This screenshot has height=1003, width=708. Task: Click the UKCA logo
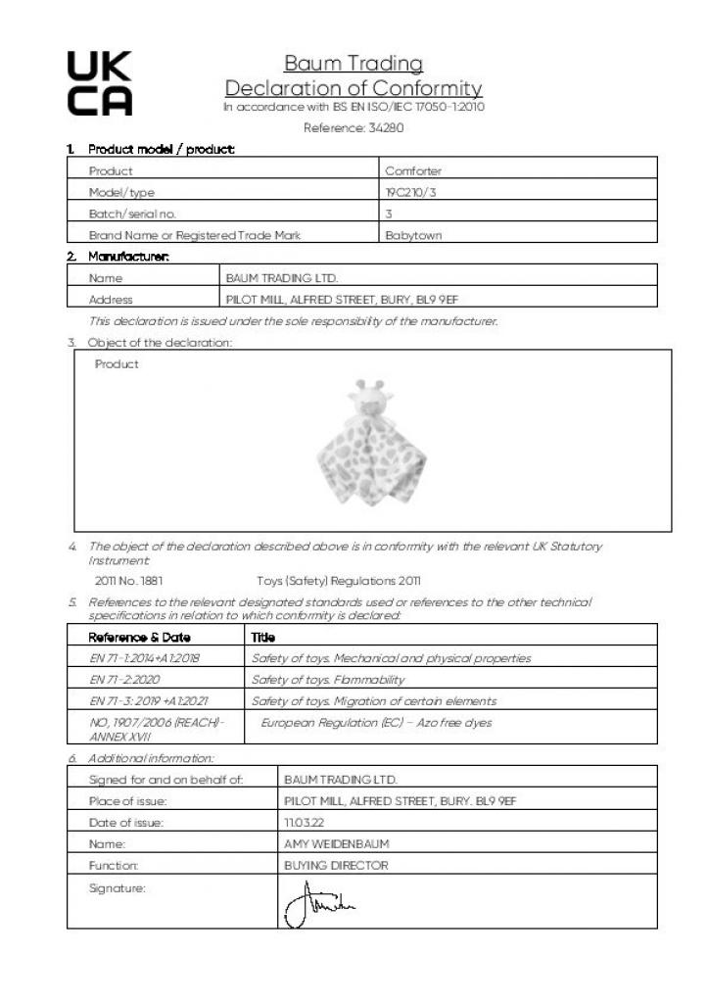(99, 83)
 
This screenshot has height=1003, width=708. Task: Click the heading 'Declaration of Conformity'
(353, 88)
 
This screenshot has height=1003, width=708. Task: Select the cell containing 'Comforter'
(413, 171)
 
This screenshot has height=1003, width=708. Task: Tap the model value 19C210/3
(411, 193)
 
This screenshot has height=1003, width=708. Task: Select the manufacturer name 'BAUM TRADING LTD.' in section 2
(281, 278)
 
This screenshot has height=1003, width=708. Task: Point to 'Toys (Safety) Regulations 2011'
(339, 580)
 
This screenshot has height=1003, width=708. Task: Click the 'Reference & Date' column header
(140, 637)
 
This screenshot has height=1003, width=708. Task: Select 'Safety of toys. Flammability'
(328, 679)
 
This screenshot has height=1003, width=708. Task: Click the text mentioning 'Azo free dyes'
(377, 722)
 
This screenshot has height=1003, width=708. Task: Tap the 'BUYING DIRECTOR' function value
(335, 865)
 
